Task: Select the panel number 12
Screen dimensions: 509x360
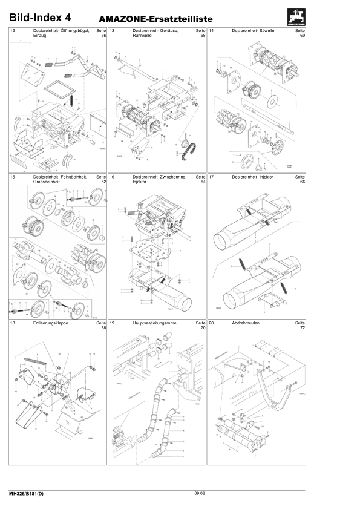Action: pos(13,30)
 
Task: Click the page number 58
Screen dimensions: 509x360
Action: pos(203,36)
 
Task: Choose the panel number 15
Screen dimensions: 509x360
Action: pos(13,176)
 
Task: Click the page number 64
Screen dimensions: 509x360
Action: pos(203,182)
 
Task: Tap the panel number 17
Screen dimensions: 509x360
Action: pos(211,176)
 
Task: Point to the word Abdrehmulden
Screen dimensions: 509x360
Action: pos(246,323)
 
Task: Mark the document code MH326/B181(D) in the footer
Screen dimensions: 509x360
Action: pos(27,494)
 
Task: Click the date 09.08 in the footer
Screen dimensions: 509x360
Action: pos(200,494)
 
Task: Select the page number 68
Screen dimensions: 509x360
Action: pos(103,328)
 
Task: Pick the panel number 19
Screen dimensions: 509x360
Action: pos(112,323)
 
